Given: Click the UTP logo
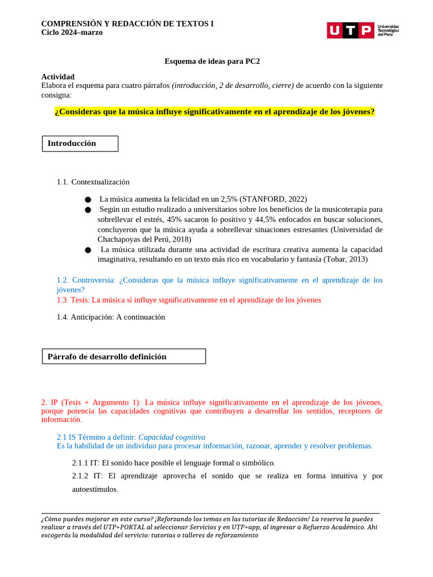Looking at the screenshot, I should click(x=362, y=30).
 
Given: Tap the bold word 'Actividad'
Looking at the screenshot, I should click(x=58, y=77).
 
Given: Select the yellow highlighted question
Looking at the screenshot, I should click(x=214, y=112).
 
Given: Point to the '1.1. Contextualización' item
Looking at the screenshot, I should click(x=93, y=182).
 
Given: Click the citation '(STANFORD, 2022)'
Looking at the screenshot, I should click(x=273, y=199).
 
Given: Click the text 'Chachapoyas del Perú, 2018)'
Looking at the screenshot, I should click(x=144, y=239).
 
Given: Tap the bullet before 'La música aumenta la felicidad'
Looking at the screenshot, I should click(x=87, y=199).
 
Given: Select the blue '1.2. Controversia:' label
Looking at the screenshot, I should click(x=86, y=280).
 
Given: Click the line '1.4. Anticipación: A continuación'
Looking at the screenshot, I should click(x=111, y=317).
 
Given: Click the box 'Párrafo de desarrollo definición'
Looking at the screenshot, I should click(x=124, y=357).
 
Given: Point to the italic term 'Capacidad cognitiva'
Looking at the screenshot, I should click(x=171, y=437).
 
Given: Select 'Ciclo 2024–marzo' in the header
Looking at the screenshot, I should click(x=72, y=33).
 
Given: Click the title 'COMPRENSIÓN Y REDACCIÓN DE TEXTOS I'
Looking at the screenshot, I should click(x=127, y=24).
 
